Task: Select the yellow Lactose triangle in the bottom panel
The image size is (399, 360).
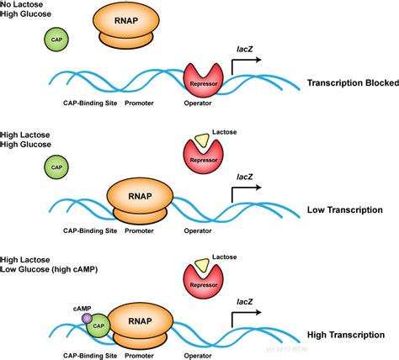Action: pyautogui.click(x=200, y=267)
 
